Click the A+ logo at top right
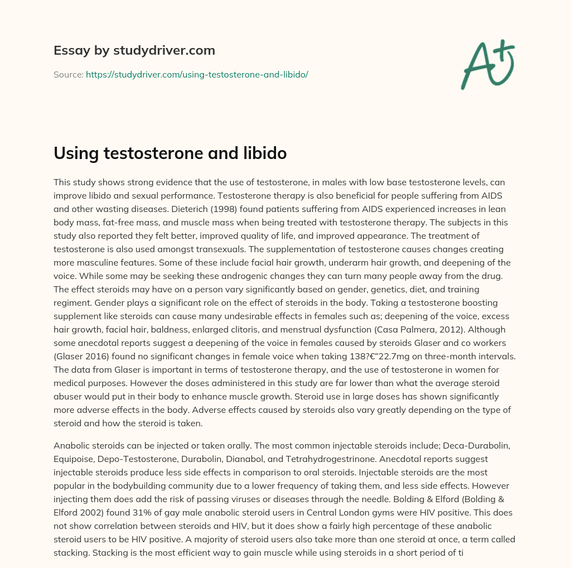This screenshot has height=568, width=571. (x=487, y=64)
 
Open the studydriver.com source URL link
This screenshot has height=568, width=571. (x=197, y=74)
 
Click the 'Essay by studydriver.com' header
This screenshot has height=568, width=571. (x=134, y=50)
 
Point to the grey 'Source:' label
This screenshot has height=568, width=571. (x=68, y=74)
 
